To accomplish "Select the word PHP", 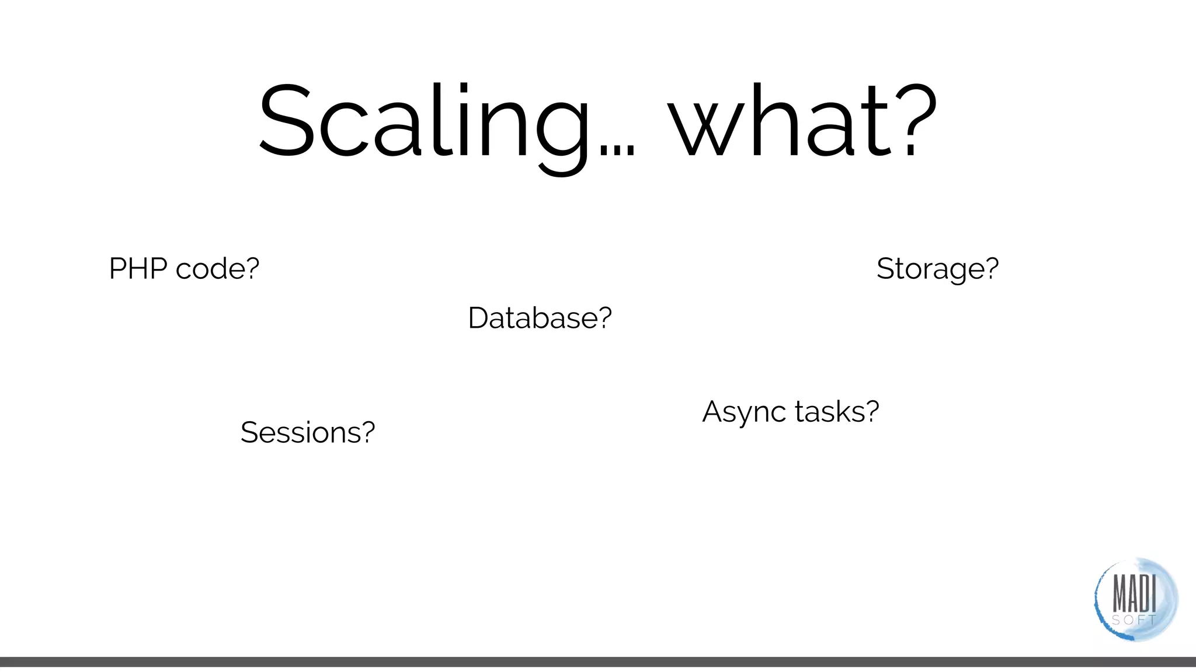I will point(138,269).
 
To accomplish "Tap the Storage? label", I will point(937,269).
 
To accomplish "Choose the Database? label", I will point(540,318).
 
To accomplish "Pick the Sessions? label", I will point(307,432).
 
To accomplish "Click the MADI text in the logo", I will point(1134,593).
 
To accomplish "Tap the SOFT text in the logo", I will point(1134,620).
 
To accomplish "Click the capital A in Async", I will point(714,411).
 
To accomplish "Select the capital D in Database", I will point(480,318).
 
